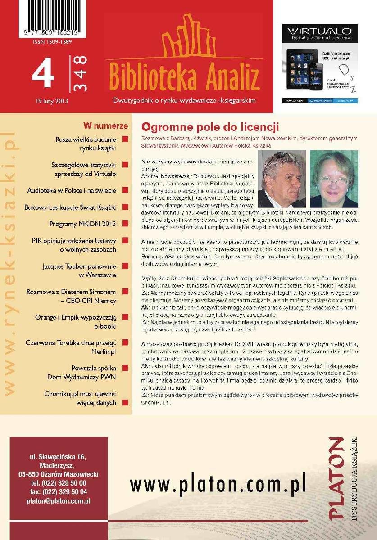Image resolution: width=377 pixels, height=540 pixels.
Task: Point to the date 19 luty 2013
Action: pos(52,101)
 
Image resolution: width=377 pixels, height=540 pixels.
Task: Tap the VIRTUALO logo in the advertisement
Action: pos(319,31)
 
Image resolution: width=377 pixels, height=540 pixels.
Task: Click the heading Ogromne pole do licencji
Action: pos(210,126)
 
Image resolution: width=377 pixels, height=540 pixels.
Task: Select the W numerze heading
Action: pos(105,126)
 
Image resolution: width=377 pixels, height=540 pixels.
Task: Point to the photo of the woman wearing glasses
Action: pos(334,179)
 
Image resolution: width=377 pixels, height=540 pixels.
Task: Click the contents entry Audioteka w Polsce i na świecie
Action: pos(72,190)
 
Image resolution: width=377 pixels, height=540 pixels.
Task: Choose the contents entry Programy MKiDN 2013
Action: pos(82,224)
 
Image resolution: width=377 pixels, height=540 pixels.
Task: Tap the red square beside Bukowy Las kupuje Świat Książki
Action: pos(125,207)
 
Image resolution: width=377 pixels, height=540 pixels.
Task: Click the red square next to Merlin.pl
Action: pos(125,343)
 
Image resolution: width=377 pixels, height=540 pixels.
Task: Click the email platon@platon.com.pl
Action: pos(59,500)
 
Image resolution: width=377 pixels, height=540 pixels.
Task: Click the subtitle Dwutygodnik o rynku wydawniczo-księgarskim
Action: pos(184,100)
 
